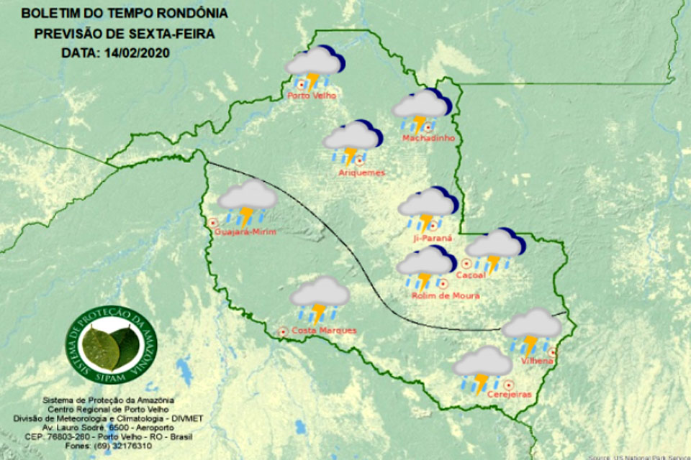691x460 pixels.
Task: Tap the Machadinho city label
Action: point(428,138)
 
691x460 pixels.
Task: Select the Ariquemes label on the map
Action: point(361,172)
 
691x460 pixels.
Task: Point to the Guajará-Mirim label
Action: point(245,231)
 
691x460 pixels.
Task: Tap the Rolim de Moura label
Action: point(446,295)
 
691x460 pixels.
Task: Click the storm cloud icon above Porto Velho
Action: point(313,65)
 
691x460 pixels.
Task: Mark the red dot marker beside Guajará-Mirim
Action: point(213,223)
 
